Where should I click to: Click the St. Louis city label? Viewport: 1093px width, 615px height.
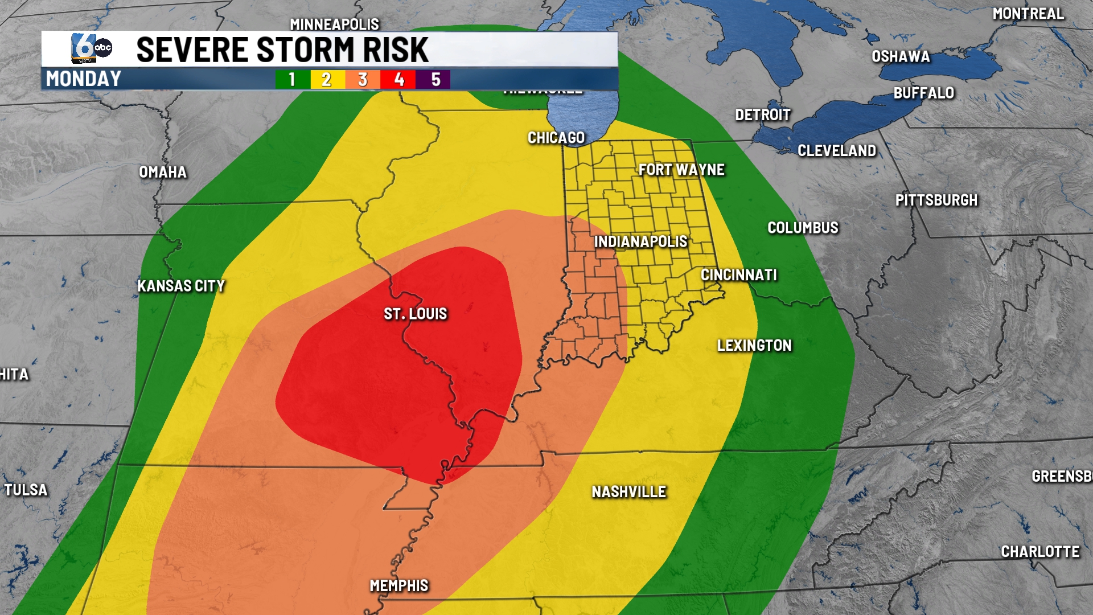[415, 314]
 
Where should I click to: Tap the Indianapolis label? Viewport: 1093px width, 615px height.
[640, 241]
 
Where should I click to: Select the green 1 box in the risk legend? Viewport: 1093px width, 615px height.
[292, 79]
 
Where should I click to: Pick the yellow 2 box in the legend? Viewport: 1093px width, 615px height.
[327, 79]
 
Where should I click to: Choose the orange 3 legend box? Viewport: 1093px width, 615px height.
[363, 79]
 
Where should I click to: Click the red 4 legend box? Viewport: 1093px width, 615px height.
[398, 79]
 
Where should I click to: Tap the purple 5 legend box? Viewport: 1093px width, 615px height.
[435, 79]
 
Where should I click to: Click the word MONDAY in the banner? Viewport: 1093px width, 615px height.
[84, 79]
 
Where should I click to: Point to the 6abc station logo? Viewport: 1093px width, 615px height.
[91, 48]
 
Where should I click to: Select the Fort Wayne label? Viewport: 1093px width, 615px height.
[681, 170]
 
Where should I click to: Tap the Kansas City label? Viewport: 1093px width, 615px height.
[181, 286]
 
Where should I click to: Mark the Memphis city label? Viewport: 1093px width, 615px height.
[398, 585]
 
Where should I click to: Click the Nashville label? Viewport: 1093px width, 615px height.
[628, 492]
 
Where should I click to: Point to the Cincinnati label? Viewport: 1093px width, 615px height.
[738, 275]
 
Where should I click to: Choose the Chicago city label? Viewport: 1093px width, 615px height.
[556, 138]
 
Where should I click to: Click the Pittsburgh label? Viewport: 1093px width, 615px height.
[936, 200]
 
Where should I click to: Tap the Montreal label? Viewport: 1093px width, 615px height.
[1028, 14]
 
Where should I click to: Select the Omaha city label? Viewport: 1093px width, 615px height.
[163, 172]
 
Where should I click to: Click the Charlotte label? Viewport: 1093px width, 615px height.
[1040, 552]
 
